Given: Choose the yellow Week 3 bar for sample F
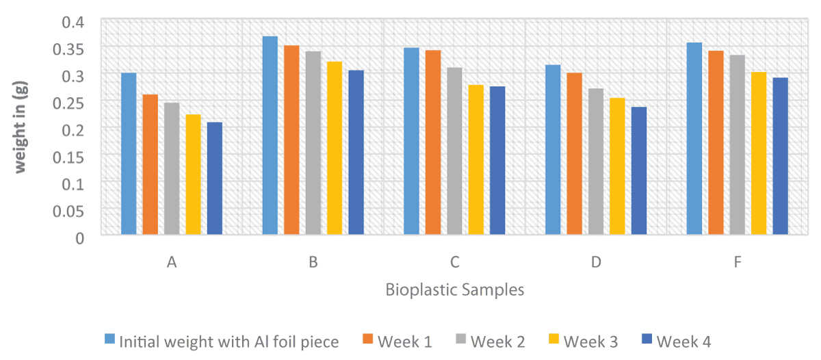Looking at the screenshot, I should (759, 153).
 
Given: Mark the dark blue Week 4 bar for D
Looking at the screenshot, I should (638, 171).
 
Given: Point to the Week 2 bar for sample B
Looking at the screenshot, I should (313, 143).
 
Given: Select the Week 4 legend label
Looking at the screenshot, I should (683, 341).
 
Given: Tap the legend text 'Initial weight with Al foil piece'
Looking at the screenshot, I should (229, 341).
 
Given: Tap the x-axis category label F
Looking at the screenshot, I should (738, 263).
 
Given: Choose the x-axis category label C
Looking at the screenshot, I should (454, 263).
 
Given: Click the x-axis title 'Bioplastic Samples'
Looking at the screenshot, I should (454, 290).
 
